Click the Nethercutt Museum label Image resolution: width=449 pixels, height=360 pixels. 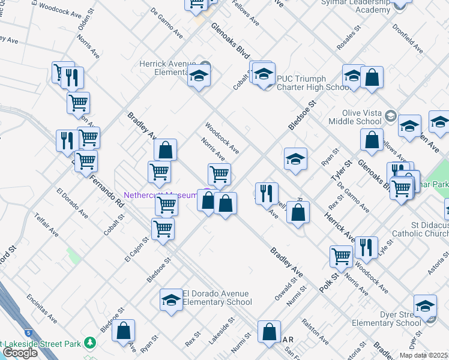pos(160,195)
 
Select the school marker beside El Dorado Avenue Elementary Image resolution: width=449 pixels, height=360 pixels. pos(171,299)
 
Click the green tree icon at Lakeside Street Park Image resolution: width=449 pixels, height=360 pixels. pos(90,343)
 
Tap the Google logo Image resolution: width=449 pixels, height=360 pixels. pos(20,353)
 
